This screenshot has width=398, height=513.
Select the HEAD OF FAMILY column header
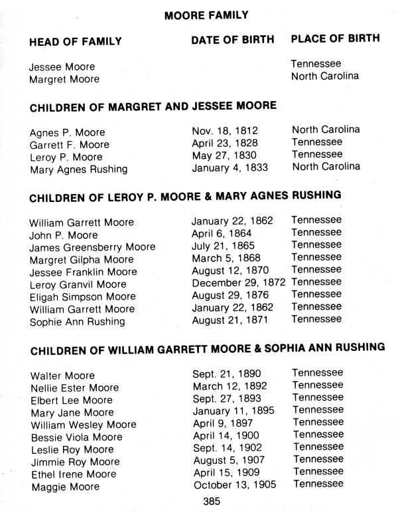76,42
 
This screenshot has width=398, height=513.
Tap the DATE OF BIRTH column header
232,40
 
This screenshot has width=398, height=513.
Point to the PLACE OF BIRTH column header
335,39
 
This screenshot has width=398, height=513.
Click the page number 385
213,501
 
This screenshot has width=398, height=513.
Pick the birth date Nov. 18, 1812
225,131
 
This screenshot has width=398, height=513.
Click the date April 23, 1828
225,143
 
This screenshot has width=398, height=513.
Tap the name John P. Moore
64,235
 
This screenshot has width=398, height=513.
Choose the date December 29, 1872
239,282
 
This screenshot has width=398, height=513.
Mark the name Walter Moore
62,376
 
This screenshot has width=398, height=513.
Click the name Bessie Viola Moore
76,437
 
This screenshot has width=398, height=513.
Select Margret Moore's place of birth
325,76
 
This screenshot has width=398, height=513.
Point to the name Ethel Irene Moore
73,474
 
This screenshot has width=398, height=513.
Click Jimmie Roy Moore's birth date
229,460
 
